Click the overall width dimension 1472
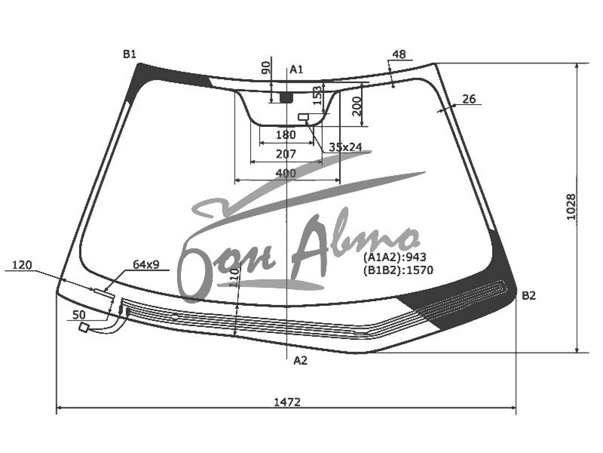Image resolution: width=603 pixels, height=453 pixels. click(x=287, y=402)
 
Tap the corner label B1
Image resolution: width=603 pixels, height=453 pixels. click(x=129, y=54)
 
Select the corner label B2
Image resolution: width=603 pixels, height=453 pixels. click(x=529, y=296)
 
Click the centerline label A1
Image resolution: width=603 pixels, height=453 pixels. click(x=296, y=70)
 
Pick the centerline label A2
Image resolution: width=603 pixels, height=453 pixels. click(x=300, y=360)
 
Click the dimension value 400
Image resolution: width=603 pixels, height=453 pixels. click(x=286, y=173)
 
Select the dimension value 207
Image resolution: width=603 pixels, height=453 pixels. click(x=286, y=154)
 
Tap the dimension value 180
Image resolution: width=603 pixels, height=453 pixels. click(x=286, y=135)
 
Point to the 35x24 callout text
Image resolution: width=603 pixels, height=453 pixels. click(x=346, y=147)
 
